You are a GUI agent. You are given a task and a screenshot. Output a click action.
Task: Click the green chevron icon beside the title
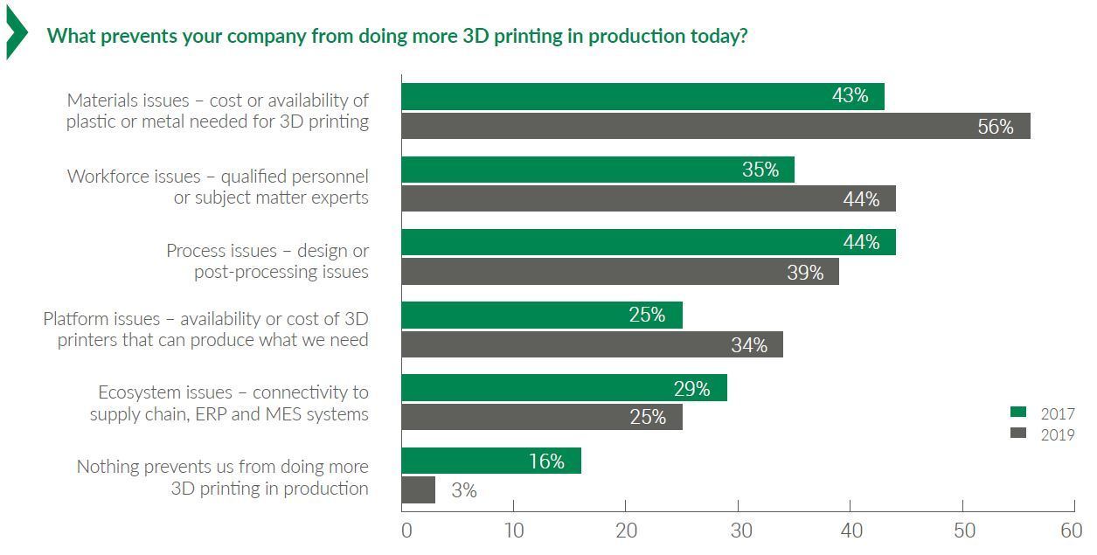(x=16, y=32)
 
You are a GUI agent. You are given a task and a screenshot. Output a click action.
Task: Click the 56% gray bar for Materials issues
(x=716, y=126)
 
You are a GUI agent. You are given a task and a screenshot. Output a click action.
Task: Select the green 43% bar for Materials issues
(x=642, y=96)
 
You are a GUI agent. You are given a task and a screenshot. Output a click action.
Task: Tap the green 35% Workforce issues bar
(x=598, y=170)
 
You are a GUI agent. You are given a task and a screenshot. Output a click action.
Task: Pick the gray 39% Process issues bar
(x=620, y=272)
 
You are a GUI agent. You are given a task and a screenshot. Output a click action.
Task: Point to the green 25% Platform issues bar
(x=542, y=315)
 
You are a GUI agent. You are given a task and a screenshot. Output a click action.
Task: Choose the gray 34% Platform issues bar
(x=592, y=344)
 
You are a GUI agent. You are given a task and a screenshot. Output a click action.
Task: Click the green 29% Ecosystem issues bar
(x=564, y=388)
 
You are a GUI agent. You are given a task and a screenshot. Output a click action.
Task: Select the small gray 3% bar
(x=418, y=489)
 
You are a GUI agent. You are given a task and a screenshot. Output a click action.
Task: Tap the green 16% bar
(x=491, y=461)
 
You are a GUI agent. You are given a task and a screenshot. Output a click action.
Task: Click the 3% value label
(x=464, y=490)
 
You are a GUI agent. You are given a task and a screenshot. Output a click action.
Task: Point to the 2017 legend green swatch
(x=1018, y=412)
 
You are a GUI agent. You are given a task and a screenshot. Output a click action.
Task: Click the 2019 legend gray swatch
(x=1018, y=433)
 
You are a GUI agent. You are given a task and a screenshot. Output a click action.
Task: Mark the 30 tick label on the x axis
(x=741, y=531)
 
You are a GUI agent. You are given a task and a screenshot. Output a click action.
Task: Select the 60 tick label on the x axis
(x=1071, y=531)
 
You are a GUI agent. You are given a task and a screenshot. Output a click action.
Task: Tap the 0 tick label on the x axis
(x=406, y=531)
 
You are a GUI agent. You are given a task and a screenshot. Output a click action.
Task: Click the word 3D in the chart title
(x=475, y=36)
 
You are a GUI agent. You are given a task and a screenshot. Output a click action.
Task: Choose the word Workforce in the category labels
(x=134, y=177)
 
